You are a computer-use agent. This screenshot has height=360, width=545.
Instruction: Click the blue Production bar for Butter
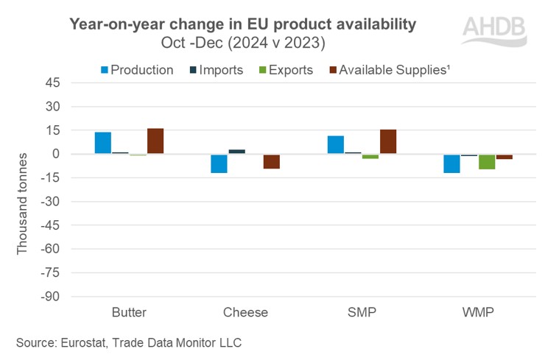102,143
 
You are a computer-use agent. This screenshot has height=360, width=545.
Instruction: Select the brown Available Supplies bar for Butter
155,141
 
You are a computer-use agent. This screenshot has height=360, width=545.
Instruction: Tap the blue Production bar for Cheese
219,163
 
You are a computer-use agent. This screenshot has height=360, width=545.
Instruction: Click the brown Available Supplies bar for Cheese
272,161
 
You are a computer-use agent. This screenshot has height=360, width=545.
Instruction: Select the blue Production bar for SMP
336,145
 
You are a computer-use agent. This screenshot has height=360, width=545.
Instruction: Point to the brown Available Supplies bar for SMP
388,141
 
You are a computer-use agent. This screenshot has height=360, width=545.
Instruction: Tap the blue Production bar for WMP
451,163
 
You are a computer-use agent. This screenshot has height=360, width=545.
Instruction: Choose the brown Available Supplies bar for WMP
504,157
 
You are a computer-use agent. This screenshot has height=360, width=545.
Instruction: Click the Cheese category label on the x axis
245,312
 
